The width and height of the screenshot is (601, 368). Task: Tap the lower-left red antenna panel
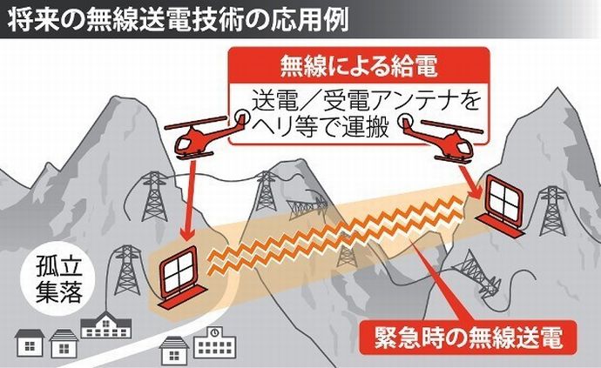pos(181,276)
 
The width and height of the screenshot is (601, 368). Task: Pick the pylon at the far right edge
pos(551,209)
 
